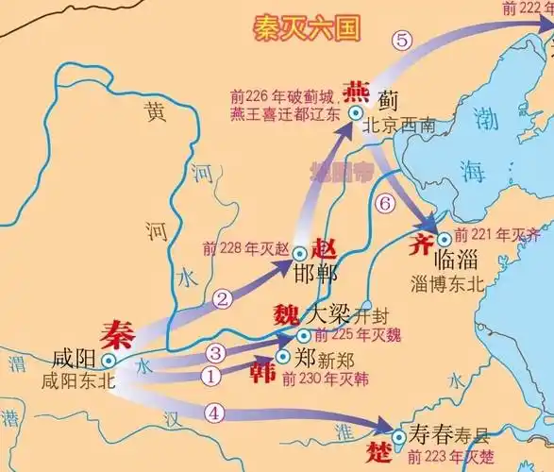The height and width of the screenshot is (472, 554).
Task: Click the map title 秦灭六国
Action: tap(307, 29)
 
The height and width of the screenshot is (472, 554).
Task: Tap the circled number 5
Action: tap(404, 41)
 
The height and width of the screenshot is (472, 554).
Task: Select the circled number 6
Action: tap(384, 203)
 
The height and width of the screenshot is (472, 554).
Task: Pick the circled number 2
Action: tap(223, 299)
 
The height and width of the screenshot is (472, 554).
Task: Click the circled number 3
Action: tap(216, 352)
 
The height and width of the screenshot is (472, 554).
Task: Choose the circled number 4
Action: tap(215, 412)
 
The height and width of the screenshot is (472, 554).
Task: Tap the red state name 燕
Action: tap(357, 92)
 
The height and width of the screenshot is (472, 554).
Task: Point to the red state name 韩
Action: tap(263, 372)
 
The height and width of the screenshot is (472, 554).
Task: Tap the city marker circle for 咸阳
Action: tap(110, 360)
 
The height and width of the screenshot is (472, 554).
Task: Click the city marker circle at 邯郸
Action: tap(299, 253)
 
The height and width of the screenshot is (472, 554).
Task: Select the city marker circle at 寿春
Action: tap(400, 435)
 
